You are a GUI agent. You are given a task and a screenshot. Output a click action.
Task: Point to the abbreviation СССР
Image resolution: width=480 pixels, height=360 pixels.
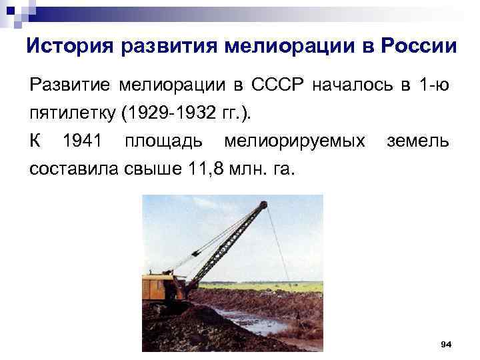click(278, 85)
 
